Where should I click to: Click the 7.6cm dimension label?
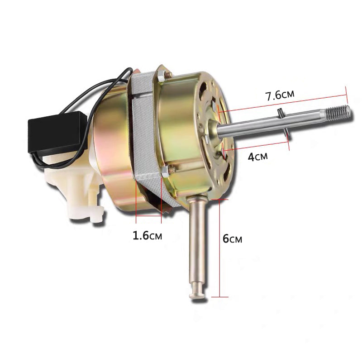click(280, 95)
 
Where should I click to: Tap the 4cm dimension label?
click(257, 157)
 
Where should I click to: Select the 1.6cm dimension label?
click(148, 235)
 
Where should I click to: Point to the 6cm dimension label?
click(232, 239)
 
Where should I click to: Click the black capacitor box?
click(57, 132)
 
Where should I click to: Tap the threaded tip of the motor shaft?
click(338, 112)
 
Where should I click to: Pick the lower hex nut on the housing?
click(165, 171)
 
